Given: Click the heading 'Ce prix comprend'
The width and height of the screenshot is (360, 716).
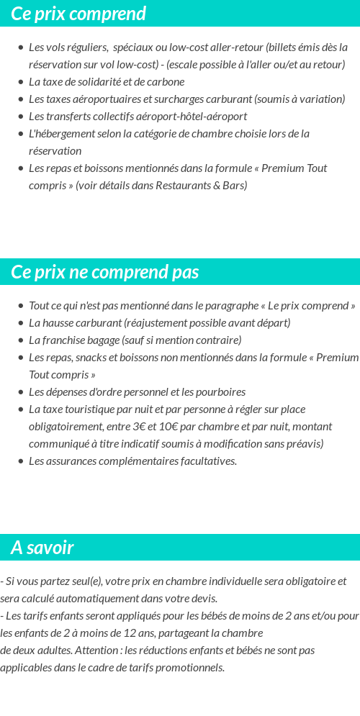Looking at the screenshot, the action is pyautogui.click(x=78, y=14).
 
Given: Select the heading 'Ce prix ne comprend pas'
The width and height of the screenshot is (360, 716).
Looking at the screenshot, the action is pyautogui.click(x=105, y=272).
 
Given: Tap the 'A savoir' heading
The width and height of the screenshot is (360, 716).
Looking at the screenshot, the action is pyautogui.click(x=42, y=548).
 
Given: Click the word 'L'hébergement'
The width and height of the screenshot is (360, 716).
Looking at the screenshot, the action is pyautogui.click(x=61, y=134).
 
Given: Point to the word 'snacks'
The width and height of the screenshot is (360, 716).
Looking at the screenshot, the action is pyautogui.click(x=90, y=358).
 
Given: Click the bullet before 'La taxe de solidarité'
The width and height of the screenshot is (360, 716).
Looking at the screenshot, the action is pyautogui.click(x=20, y=82).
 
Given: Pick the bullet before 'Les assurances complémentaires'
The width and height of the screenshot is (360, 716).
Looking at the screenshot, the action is pyautogui.click(x=20, y=461).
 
